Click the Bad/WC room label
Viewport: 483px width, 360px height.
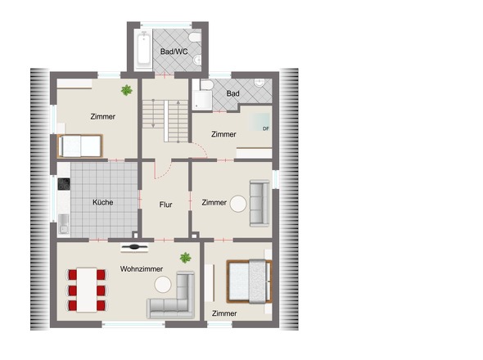pos(174,52)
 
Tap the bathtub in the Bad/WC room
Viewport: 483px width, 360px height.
pos(143,49)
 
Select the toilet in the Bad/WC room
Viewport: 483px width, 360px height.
pos(196,38)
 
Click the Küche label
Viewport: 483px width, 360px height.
pos(103,202)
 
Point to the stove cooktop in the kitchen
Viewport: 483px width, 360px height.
pos(64,184)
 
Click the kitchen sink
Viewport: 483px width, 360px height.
pos(64,224)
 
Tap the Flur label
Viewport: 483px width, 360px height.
pos(165,205)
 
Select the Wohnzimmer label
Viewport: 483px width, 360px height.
pos(142,269)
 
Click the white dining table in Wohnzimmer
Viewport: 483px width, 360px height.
pos(87,290)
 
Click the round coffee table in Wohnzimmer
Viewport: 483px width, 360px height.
pos(163,285)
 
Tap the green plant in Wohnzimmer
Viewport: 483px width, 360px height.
pos(186,258)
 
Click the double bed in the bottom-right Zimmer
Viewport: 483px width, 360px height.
pos(249,281)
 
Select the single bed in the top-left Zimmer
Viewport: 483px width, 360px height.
pos(80,146)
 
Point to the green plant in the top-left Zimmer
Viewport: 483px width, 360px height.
pos(127,90)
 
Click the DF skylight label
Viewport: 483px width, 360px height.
pos(266,128)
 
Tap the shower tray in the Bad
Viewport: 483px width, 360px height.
pos(202,100)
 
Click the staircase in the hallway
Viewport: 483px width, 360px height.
pos(165,121)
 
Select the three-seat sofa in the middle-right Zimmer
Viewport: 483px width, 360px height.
pos(260,203)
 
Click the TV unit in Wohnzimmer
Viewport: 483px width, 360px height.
pos(134,247)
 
